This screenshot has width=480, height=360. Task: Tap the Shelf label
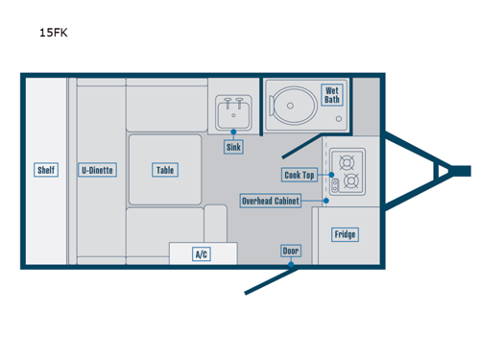pos(46,170)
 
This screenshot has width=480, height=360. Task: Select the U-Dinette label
pos(97,170)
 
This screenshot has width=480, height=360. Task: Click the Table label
pos(165,170)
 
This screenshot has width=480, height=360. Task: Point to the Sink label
pos(233,147)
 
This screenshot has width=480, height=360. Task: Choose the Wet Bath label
pos(332,94)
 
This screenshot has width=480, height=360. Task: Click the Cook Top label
pos(299,175)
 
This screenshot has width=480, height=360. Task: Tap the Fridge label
pos(345,234)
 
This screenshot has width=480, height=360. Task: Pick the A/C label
pos(202,254)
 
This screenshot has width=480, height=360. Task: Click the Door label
pos(290,251)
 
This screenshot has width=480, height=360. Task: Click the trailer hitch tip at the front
pos(463,170)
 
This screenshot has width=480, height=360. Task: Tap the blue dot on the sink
pos(233,130)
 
